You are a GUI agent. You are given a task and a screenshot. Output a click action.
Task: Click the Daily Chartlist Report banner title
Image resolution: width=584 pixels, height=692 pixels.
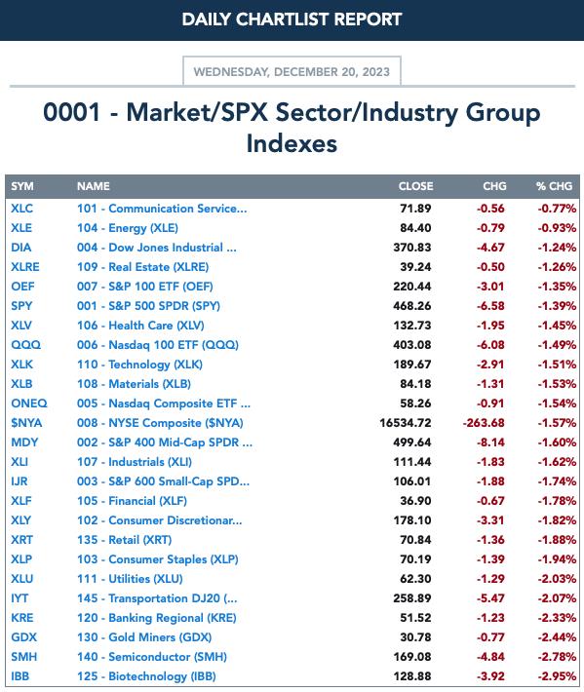[x=292, y=19]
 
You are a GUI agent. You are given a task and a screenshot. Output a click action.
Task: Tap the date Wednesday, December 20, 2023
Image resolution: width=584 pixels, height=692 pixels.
[x=292, y=72]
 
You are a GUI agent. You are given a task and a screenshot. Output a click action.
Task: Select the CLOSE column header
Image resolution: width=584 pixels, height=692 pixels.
[x=415, y=186]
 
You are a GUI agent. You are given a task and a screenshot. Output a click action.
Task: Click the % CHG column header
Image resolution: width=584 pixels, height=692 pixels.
[x=555, y=186]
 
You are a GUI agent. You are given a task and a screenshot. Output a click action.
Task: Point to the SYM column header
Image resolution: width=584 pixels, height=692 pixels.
[x=22, y=186]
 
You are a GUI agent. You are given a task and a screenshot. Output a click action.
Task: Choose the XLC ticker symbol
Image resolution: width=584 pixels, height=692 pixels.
[x=22, y=209]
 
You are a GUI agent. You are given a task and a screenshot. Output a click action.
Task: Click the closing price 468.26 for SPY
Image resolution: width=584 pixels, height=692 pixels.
[x=412, y=306]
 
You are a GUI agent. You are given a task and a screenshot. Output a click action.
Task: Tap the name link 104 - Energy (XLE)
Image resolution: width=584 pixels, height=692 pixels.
[x=128, y=228]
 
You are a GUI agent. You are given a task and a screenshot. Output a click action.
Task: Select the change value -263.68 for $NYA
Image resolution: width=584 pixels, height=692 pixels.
[x=484, y=423]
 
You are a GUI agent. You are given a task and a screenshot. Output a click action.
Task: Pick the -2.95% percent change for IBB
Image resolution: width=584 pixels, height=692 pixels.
[x=557, y=676]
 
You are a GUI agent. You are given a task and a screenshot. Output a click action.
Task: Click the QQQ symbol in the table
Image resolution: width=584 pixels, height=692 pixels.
[x=25, y=345]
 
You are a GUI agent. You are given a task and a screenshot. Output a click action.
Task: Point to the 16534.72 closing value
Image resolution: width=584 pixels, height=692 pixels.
[x=406, y=423]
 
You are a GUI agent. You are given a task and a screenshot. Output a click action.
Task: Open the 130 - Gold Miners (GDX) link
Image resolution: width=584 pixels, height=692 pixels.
[x=144, y=637]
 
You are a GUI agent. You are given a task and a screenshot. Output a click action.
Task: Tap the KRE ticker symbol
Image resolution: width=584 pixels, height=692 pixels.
[x=22, y=618]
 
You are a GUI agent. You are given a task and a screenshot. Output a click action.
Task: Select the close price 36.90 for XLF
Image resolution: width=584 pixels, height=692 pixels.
[x=415, y=501]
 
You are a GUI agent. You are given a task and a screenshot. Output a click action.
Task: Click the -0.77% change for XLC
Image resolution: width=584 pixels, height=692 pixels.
[x=557, y=209]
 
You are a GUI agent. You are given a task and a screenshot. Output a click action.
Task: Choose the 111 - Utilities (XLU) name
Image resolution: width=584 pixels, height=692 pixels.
[x=130, y=579]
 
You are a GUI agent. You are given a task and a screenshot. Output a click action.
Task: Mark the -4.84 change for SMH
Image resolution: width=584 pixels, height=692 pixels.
[x=490, y=657]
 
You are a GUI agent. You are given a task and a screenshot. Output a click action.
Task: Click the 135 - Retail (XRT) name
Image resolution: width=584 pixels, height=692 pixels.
[x=125, y=540]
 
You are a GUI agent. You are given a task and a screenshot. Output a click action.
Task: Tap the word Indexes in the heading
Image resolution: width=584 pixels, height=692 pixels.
[x=292, y=144]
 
